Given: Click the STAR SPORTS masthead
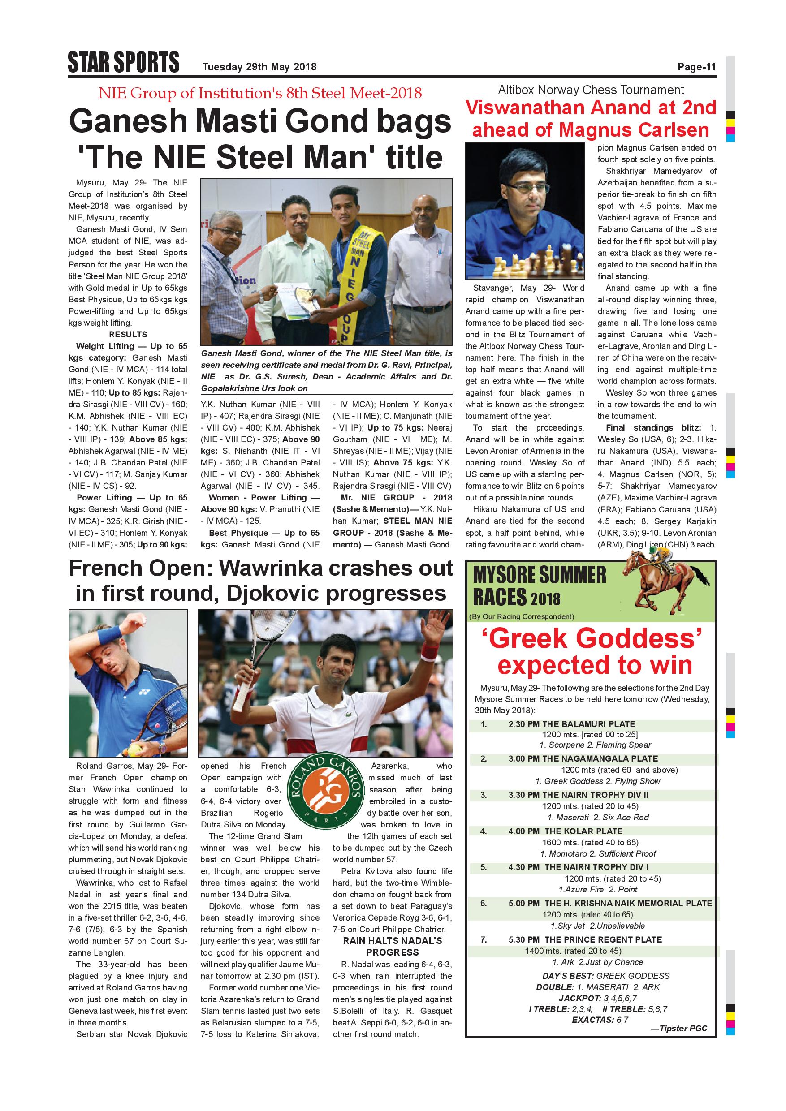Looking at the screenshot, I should click(123, 62).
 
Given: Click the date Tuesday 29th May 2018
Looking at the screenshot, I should click(259, 67).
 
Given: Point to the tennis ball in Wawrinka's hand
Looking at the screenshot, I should click(132, 750).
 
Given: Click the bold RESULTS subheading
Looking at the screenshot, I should click(128, 334).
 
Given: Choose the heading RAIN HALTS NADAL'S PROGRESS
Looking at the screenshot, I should click(392, 947).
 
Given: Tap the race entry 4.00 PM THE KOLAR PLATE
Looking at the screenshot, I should click(565, 831).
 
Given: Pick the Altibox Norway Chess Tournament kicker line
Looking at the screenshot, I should click(591, 90).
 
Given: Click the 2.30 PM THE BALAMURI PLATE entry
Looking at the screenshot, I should click(571, 724).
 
